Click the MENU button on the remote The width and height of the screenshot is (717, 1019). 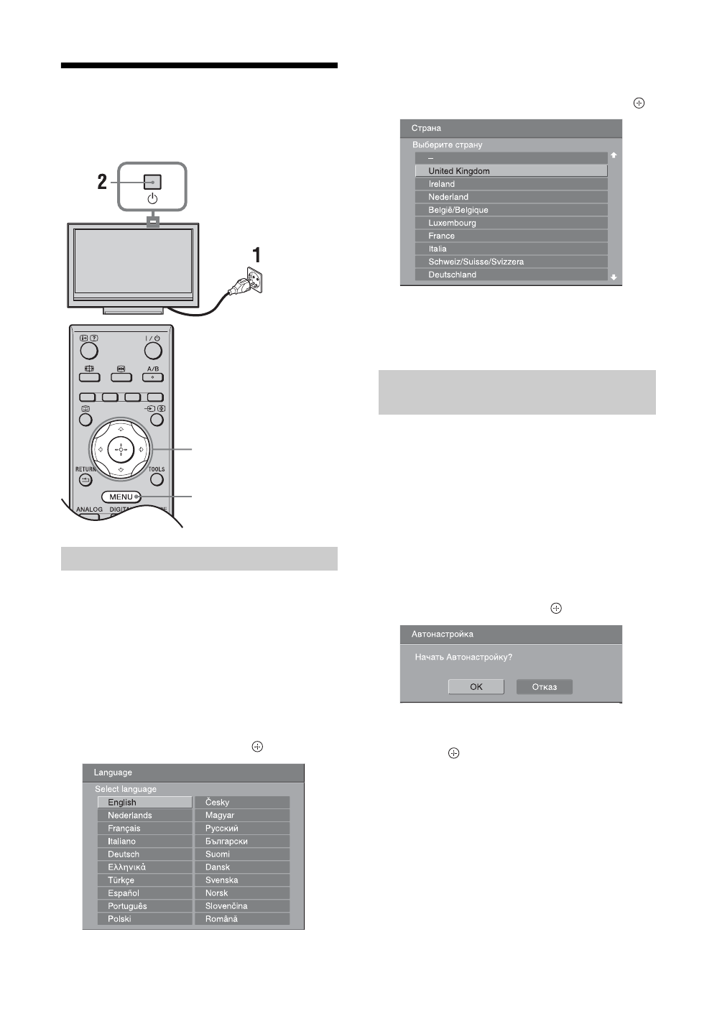[x=121, y=497]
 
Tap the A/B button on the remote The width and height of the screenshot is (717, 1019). [x=153, y=376]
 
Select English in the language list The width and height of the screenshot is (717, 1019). [x=144, y=802]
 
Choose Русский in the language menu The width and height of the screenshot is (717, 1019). [x=242, y=828]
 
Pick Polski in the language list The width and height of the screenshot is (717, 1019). [x=144, y=918]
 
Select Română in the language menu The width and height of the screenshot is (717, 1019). [x=242, y=918]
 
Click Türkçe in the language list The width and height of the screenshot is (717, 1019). [x=144, y=880]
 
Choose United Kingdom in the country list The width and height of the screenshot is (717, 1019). [x=511, y=171]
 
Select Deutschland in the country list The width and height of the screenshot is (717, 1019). [x=511, y=275]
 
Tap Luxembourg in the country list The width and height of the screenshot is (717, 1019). [x=511, y=223]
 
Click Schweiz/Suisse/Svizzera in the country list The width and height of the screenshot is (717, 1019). [x=511, y=262]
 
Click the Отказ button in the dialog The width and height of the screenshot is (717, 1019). [x=544, y=686]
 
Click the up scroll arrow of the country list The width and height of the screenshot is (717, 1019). [x=614, y=155]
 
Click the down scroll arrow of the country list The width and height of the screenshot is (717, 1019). [x=614, y=277]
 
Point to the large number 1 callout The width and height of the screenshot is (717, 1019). [x=255, y=255]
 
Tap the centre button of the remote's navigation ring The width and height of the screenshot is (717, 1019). [x=121, y=450]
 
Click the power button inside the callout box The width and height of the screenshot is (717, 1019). [x=152, y=183]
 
